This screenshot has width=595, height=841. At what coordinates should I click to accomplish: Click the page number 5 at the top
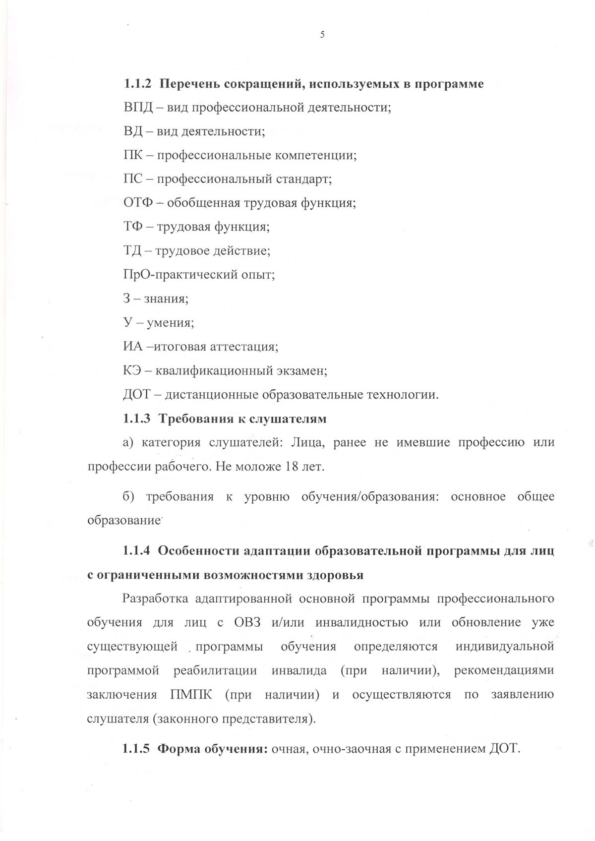[x=322, y=35]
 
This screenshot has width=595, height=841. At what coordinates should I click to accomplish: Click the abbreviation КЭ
[x=131, y=370]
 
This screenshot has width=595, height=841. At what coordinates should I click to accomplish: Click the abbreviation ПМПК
[x=191, y=694]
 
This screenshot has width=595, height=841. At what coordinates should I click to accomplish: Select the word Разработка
[x=155, y=599]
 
